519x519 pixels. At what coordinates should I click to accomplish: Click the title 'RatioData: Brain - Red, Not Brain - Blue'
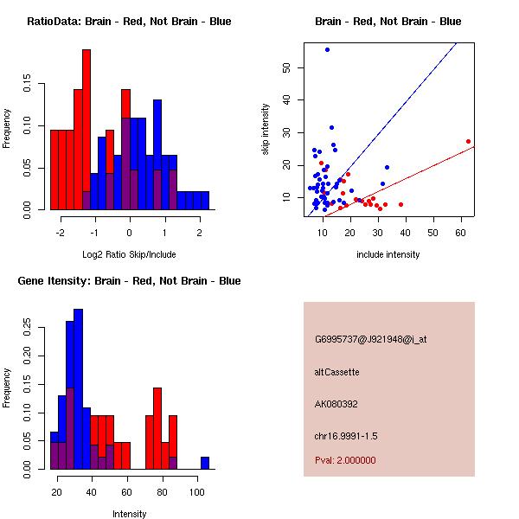pyautogui.click(x=129, y=21)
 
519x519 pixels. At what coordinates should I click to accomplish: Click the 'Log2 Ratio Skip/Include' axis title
pyautogui.click(x=129, y=254)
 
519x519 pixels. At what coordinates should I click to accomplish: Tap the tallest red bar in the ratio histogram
pyautogui.click(x=86, y=130)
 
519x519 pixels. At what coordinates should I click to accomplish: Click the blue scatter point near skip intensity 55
pyautogui.click(x=327, y=49)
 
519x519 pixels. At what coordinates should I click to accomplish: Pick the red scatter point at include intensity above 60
pyautogui.click(x=468, y=141)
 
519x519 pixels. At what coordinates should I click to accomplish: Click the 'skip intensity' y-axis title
pyautogui.click(x=266, y=130)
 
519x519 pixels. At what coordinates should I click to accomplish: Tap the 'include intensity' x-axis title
pyautogui.click(x=388, y=254)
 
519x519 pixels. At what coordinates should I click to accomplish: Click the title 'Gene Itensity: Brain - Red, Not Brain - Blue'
pyautogui.click(x=129, y=280)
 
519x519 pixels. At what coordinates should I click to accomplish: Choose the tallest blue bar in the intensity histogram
pyautogui.click(x=78, y=388)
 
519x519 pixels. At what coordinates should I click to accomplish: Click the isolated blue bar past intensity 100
pyautogui.click(x=205, y=463)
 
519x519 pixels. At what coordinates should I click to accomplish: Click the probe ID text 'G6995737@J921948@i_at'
pyautogui.click(x=371, y=339)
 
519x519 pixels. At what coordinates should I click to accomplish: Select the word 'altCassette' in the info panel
pyautogui.click(x=336, y=372)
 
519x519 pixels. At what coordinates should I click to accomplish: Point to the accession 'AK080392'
pyautogui.click(x=336, y=404)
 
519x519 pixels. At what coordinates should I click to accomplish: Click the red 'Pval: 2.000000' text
pyautogui.click(x=345, y=460)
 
